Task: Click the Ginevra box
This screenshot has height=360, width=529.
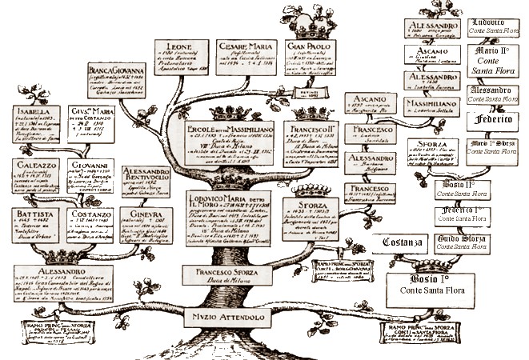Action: pos(150,229)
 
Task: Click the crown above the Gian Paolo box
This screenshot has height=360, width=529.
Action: pos(308,27)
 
